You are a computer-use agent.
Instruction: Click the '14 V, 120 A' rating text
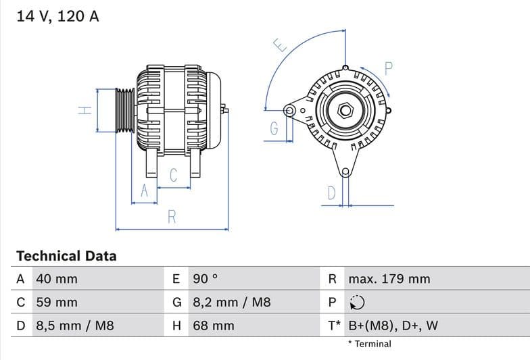pyautogui.click(x=57, y=16)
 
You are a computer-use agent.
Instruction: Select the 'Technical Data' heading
pyautogui.click(x=66, y=256)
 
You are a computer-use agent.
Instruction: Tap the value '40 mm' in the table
pyautogui.click(x=57, y=279)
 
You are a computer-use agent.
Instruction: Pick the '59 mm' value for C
pyautogui.click(x=57, y=303)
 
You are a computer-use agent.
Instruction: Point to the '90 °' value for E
pyautogui.click(x=206, y=279)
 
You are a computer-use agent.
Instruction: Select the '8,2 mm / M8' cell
pyautogui.click(x=232, y=303)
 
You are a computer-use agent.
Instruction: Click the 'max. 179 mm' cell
pyautogui.click(x=389, y=279)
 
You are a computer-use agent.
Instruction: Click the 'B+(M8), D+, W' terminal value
pyautogui.click(x=393, y=326)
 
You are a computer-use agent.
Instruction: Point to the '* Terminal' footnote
pyautogui.click(x=369, y=344)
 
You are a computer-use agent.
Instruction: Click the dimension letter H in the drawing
pyautogui.click(x=85, y=110)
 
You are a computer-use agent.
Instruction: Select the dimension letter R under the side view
pyautogui.click(x=172, y=217)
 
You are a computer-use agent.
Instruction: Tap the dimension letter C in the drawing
pyautogui.click(x=173, y=176)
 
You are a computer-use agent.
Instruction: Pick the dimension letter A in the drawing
pyautogui.click(x=143, y=192)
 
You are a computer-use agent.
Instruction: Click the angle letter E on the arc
pyautogui.click(x=280, y=45)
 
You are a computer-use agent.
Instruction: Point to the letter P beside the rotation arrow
pyautogui.click(x=388, y=68)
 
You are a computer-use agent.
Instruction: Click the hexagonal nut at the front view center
pyautogui.click(x=345, y=109)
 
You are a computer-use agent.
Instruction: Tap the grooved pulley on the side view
pyautogui.click(x=124, y=110)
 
